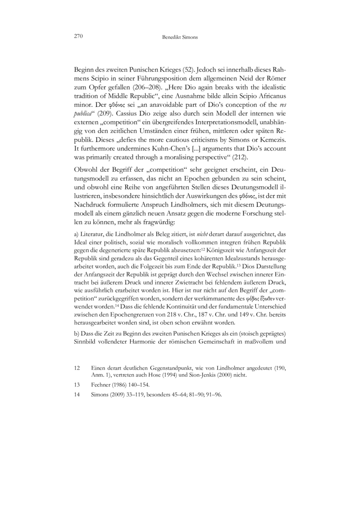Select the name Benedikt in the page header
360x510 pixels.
tap(173, 38)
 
